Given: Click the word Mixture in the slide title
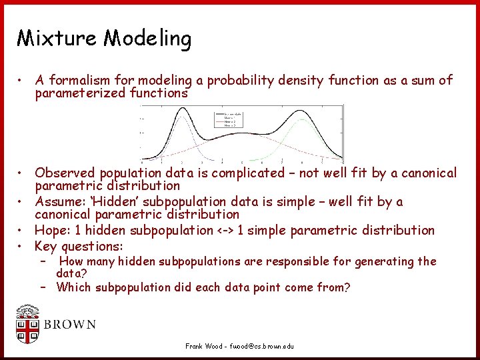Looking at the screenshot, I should [x=57, y=38].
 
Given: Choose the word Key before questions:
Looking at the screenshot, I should [x=46, y=246].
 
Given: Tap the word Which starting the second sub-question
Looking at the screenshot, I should [x=73, y=288].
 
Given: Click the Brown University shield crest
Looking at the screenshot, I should [x=28, y=325].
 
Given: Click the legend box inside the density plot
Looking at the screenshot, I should [x=229, y=121].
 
